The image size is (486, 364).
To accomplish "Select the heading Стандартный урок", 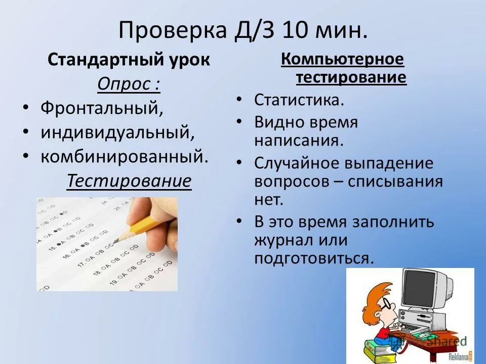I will (x=129, y=60).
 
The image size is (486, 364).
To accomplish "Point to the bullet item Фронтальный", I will (x=102, y=108).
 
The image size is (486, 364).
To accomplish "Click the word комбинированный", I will (x=124, y=157).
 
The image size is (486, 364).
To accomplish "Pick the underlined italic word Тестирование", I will (x=129, y=181).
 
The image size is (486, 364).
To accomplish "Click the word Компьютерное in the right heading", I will (x=343, y=60).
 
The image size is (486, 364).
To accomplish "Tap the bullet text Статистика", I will (x=299, y=100).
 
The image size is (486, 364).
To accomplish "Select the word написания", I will (x=299, y=140).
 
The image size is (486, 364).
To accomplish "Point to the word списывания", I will (x=395, y=181).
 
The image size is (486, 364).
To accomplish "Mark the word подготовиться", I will (x=314, y=258).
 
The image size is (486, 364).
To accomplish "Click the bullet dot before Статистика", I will (x=238, y=100).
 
